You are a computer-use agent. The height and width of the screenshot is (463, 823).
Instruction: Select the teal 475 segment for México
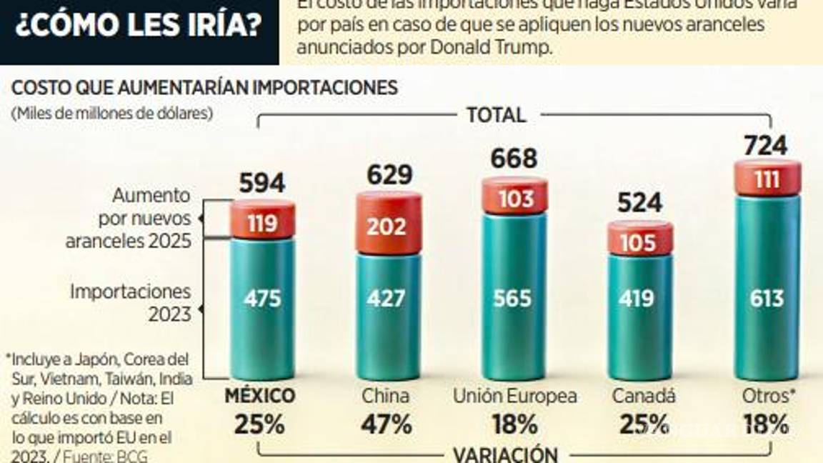click(x=262, y=299)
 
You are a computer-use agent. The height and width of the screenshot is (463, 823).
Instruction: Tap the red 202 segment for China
click(x=389, y=226)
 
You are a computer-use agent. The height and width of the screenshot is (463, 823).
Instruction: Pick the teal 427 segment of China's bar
click(x=389, y=299)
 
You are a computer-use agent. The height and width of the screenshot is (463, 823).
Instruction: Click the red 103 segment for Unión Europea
click(x=514, y=197)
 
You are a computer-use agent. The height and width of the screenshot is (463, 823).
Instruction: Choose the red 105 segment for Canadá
click(x=639, y=242)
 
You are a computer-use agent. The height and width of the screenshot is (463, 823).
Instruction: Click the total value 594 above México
click(x=261, y=184)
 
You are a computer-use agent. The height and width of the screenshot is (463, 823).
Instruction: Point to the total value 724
click(x=765, y=146)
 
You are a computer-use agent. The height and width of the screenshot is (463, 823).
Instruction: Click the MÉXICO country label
click(x=259, y=396)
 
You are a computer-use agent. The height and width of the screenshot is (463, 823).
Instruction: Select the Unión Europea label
click(x=515, y=396)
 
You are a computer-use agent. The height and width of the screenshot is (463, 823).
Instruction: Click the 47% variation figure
click(x=387, y=424)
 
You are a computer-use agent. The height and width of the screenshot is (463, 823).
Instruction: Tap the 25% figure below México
click(x=259, y=424)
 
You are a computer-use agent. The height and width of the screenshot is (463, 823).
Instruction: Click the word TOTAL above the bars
click(x=496, y=114)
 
